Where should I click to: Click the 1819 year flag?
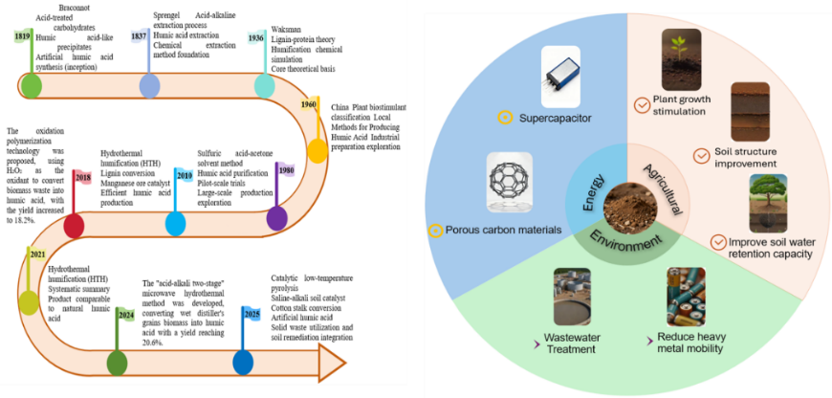click(x=22, y=37)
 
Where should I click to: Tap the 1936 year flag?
click(x=256, y=38)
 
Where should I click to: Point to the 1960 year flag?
click(x=309, y=104)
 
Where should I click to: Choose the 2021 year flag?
click(x=37, y=254)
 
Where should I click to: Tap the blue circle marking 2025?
click(x=244, y=364)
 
